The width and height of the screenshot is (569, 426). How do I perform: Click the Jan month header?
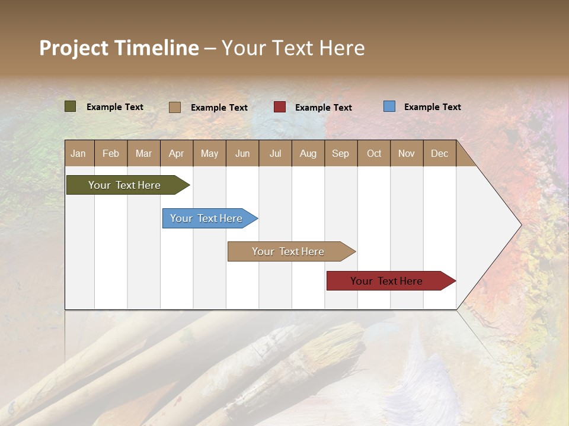(78, 154)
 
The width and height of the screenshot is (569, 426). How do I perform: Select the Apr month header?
(176, 154)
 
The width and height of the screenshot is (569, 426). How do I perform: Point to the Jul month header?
(275, 154)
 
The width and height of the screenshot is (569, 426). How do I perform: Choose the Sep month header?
(340, 154)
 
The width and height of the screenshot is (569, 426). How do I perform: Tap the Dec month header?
(439, 154)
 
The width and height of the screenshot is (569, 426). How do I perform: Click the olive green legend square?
(70, 106)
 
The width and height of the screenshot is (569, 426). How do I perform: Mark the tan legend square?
(174, 107)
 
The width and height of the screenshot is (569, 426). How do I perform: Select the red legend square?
(279, 106)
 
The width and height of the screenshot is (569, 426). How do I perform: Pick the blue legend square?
(389, 106)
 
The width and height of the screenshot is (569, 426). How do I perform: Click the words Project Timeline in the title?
(119, 48)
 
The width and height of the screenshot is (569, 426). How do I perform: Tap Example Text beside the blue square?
(432, 107)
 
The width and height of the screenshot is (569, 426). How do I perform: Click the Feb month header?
(111, 154)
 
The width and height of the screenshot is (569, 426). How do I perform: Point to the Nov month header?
(406, 154)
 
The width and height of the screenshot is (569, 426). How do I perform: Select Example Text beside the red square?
(323, 108)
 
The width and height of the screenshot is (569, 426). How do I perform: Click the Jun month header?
(242, 154)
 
